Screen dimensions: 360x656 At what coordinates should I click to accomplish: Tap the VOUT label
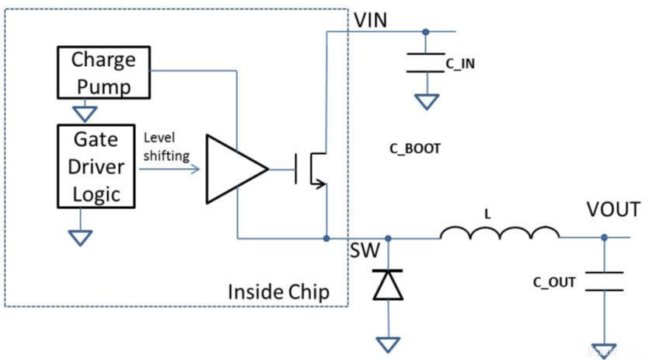[613, 210]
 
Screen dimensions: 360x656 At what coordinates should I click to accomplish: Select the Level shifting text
[166, 147]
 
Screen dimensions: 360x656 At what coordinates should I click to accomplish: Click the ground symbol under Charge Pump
[81, 111]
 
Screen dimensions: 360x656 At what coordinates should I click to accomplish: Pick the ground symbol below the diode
[387, 344]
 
